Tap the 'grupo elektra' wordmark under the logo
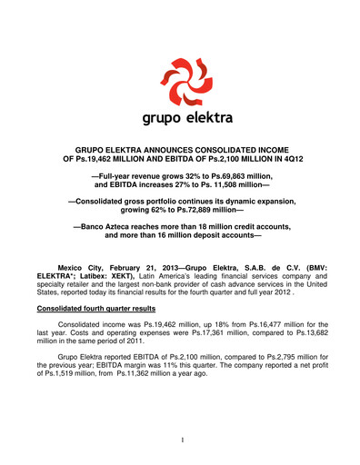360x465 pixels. [180, 118]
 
